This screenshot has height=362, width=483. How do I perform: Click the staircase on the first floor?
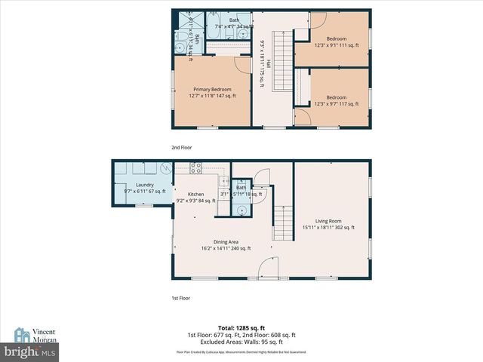281,223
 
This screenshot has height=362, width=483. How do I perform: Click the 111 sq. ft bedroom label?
336,41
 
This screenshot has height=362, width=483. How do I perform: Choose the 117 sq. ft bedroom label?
336,100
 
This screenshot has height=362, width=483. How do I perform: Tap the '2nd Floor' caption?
183,148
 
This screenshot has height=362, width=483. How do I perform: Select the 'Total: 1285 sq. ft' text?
241,328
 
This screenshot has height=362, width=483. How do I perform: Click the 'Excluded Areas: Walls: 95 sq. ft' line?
241,342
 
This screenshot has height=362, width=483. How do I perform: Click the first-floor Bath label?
241,188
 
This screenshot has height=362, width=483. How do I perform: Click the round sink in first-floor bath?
241,210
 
